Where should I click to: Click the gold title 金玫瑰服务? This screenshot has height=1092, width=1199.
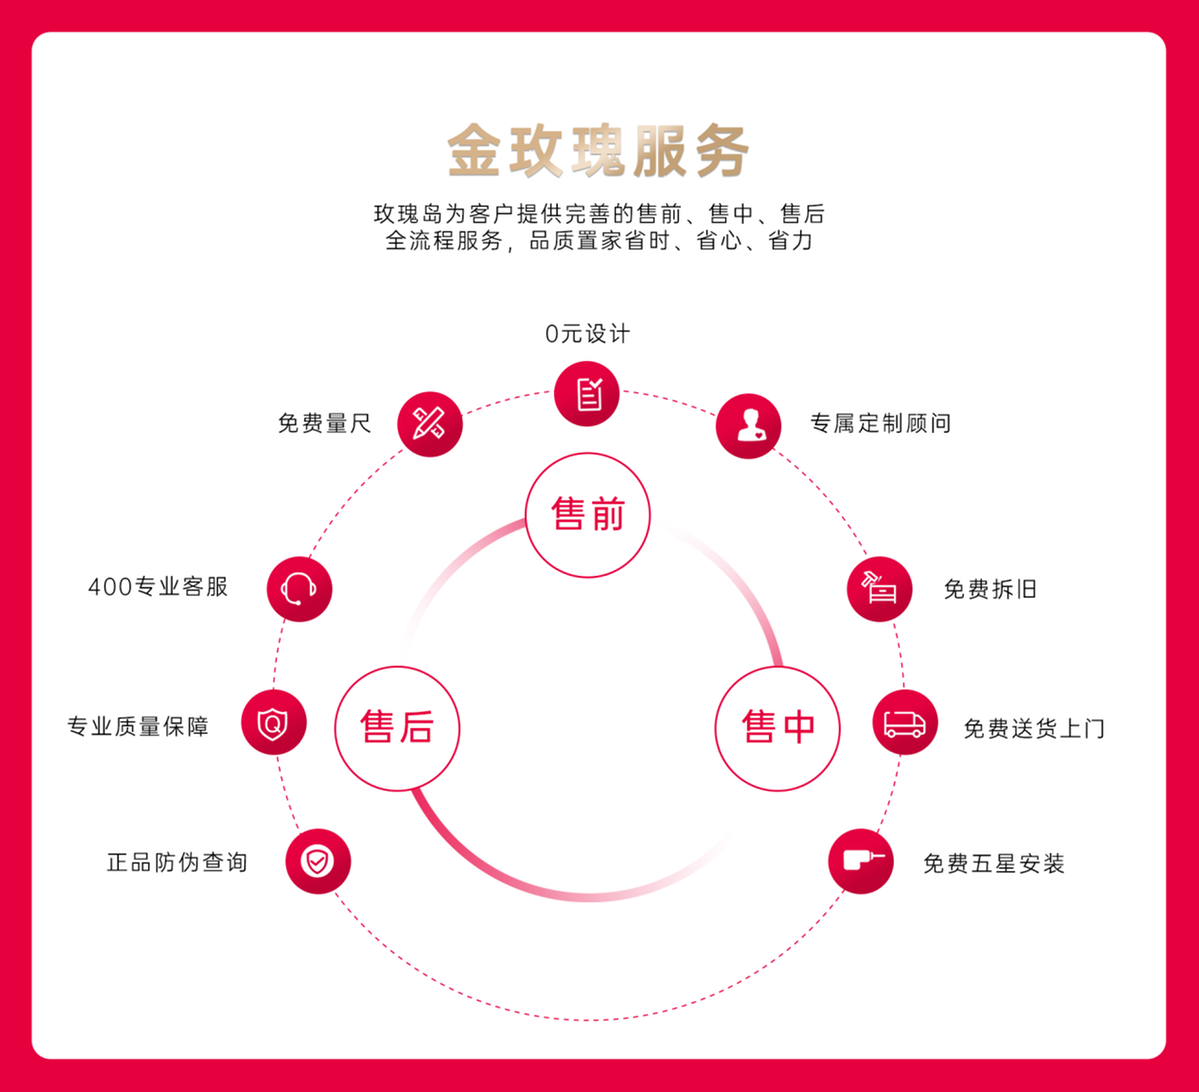pyautogui.click(x=598, y=151)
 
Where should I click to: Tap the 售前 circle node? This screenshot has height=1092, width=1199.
pyautogui.click(x=587, y=515)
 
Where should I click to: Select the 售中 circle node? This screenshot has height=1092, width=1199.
pyautogui.click(x=778, y=728)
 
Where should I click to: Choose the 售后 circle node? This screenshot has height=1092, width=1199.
pyautogui.click(x=397, y=728)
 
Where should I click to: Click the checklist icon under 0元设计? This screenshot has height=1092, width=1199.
pyautogui.click(x=587, y=394)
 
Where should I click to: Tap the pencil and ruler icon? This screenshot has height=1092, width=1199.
pyautogui.click(x=430, y=424)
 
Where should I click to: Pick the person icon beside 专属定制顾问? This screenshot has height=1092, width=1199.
pyautogui.click(x=749, y=426)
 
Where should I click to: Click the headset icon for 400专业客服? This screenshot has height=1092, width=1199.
pyautogui.click(x=299, y=589)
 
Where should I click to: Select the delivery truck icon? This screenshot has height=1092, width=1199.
pyautogui.click(x=905, y=723)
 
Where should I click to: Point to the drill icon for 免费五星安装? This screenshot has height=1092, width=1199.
pyautogui.click(x=861, y=861)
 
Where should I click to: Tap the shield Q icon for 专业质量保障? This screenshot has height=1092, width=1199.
pyautogui.click(x=274, y=723)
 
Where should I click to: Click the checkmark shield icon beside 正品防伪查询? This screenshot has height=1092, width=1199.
pyautogui.click(x=318, y=861)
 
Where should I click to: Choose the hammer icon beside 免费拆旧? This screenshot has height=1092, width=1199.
pyautogui.click(x=879, y=589)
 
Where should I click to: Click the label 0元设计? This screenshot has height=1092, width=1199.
pyautogui.click(x=587, y=333)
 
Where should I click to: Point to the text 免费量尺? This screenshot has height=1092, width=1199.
pyautogui.click(x=324, y=423)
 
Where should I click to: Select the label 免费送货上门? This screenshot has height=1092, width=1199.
pyautogui.click(x=1034, y=728)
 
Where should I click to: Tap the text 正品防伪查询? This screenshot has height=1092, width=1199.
pyautogui.click(x=177, y=863)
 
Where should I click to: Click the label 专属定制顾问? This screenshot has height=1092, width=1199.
pyautogui.click(x=881, y=423)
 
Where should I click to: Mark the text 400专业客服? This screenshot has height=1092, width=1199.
pyautogui.click(x=158, y=587)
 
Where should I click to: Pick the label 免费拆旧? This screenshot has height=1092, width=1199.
pyautogui.click(x=990, y=589)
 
